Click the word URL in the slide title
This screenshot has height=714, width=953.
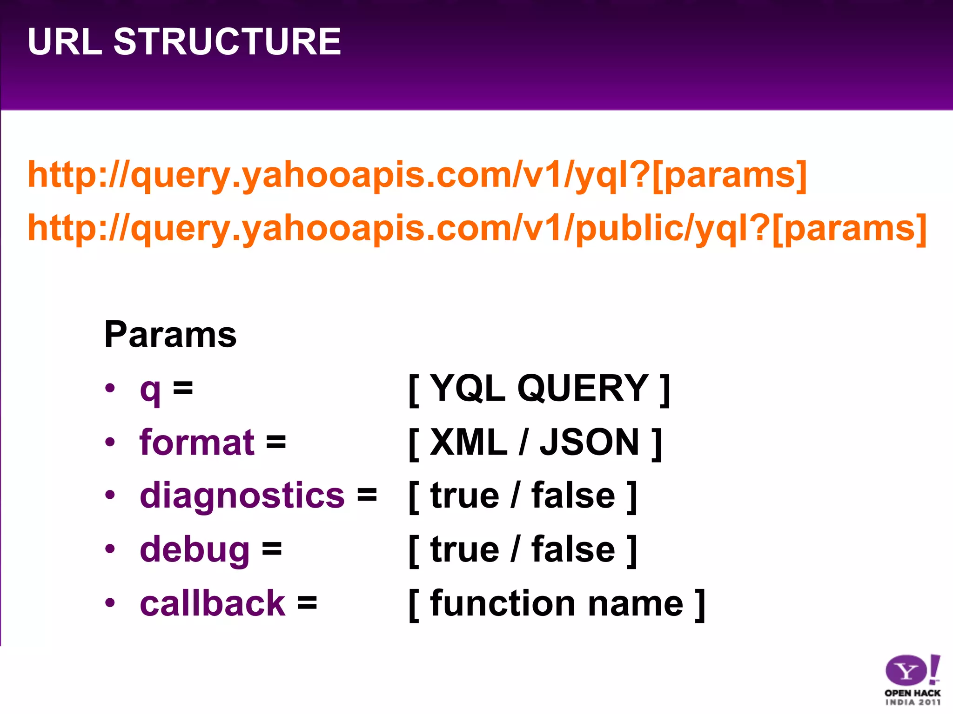pos(65,42)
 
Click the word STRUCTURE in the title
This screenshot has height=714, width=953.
pos(227,42)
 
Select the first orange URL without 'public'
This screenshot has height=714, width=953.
pos(416,175)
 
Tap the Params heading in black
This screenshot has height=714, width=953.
pos(170,335)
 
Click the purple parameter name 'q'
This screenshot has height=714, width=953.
pos(150,390)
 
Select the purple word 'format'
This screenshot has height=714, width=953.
pos(197,442)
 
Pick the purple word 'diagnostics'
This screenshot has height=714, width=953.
pos(242,496)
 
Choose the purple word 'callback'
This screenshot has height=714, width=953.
pos(212,603)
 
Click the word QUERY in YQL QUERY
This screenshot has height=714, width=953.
pos(583,389)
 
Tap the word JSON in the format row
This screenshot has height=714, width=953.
pos(589,442)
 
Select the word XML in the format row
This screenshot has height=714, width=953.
pos(468,442)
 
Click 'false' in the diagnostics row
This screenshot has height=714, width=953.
pos(573,496)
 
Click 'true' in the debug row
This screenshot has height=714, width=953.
pos(464,550)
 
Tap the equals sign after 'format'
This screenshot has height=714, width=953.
pos(276,442)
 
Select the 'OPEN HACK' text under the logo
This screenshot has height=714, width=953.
pos(912,693)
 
